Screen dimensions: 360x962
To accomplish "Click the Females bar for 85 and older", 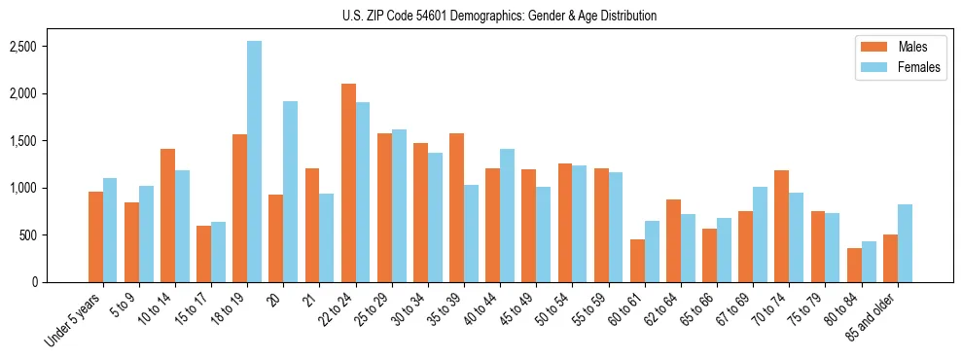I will (905, 243).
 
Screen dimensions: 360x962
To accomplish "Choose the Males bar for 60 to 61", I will (637, 261).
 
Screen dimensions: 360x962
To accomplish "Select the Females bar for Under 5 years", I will (110, 230).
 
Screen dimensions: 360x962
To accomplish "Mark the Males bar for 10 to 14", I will (167, 215).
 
